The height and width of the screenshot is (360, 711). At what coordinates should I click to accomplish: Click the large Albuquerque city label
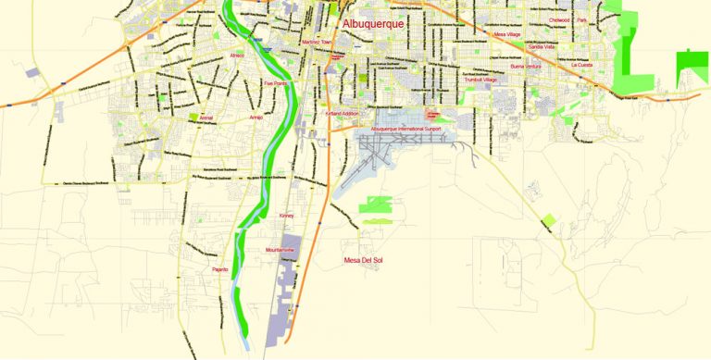373,24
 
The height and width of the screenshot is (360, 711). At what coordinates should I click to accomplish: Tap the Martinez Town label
317,43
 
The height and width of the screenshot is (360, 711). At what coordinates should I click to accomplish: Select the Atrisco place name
238,56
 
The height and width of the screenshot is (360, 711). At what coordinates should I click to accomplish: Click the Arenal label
206,118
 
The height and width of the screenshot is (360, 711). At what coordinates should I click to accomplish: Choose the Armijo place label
257,118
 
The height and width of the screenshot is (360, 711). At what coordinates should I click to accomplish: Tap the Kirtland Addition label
342,113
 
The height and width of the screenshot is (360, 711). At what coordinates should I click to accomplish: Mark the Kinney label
286,216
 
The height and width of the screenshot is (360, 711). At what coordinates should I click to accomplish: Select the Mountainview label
280,251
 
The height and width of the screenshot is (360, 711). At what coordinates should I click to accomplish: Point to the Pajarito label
220,269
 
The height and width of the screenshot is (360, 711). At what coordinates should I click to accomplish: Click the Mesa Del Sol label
363,260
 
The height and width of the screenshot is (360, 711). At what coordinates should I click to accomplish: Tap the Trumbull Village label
480,81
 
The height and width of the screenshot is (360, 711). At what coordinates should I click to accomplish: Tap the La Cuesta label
581,66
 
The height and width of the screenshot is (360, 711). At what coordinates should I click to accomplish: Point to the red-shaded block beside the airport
432,114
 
